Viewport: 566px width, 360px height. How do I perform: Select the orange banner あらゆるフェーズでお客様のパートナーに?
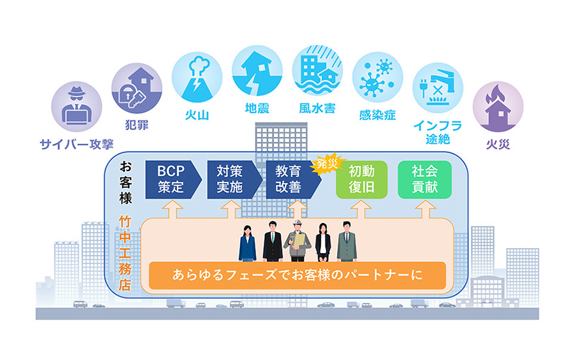pos(297,275)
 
